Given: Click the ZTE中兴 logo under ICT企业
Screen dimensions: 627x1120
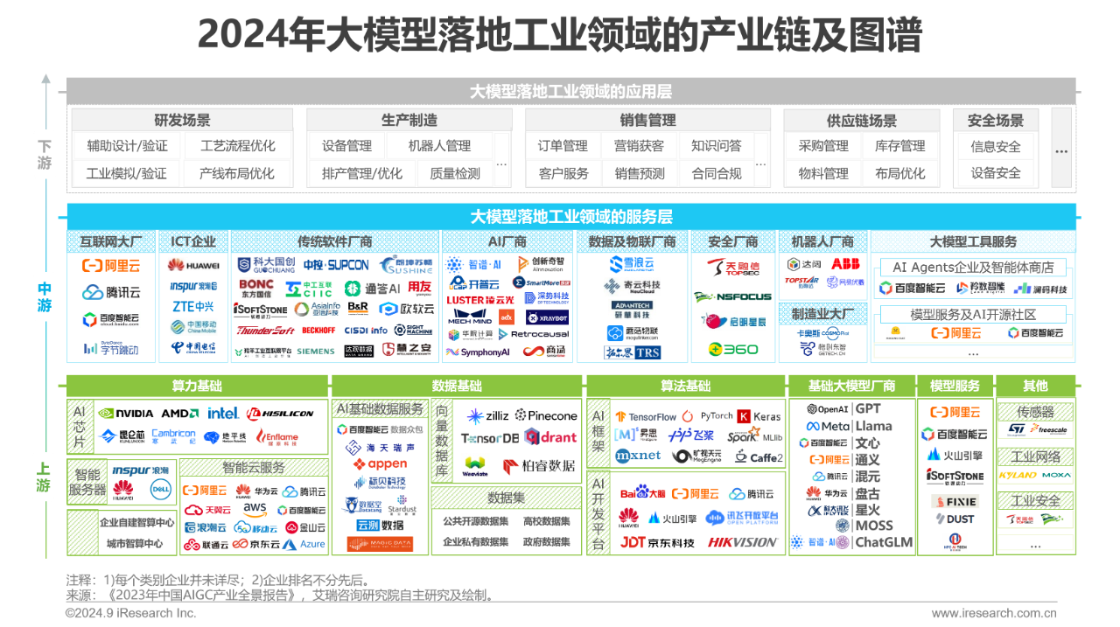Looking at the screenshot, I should [x=192, y=306].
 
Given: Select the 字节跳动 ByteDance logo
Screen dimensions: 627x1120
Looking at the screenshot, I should [x=111, y=347].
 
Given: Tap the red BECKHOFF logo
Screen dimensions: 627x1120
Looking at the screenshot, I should [x=318, y=331].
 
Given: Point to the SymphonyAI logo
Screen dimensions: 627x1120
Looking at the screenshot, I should [x=478, y=352].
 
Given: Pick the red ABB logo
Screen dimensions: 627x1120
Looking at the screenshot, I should [x=844, y=263].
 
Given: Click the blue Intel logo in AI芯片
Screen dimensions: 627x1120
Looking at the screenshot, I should [x=223, y=413].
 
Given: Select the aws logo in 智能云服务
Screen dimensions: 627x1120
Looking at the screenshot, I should [x=255, y=508].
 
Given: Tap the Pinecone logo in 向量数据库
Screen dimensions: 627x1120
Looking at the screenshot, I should [x=547, y=415].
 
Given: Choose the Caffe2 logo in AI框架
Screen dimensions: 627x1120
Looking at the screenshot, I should [x=758, y=456].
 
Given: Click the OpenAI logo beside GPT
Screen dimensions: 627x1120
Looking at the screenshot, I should [x=827, y=409].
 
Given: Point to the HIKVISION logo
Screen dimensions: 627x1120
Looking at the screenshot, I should [x=743, y=542].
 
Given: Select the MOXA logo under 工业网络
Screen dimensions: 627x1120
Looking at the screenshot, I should [x=1056, y=475].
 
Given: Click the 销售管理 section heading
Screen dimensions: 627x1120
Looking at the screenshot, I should [x=647, y=121].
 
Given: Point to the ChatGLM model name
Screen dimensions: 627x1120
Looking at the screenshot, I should [x=883, y=542].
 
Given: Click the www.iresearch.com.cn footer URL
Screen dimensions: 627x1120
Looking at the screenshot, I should [x=993, y=613].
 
